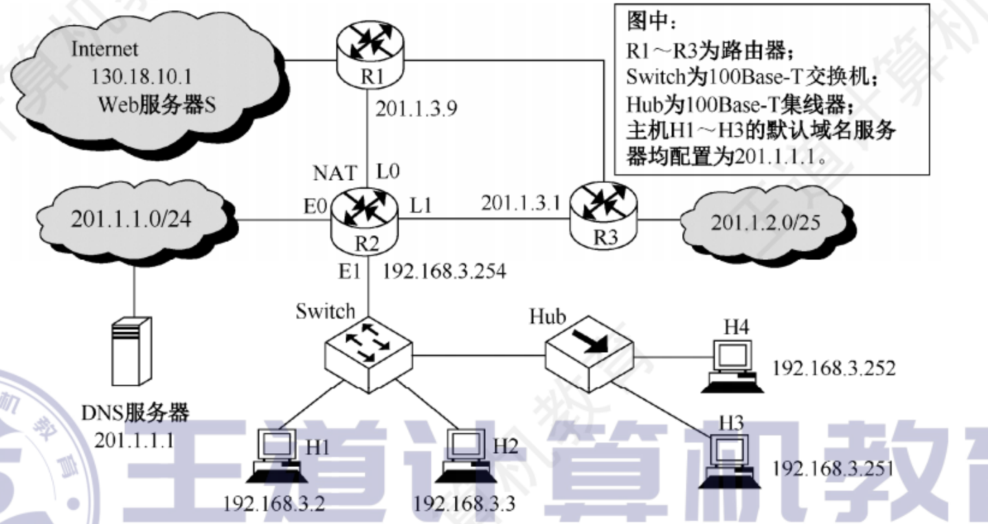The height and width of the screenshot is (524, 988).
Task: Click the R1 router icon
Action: coord(372,49)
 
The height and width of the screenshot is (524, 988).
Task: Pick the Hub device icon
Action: coord(589,350)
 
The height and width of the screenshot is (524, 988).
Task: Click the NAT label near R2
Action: coord(336,171)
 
